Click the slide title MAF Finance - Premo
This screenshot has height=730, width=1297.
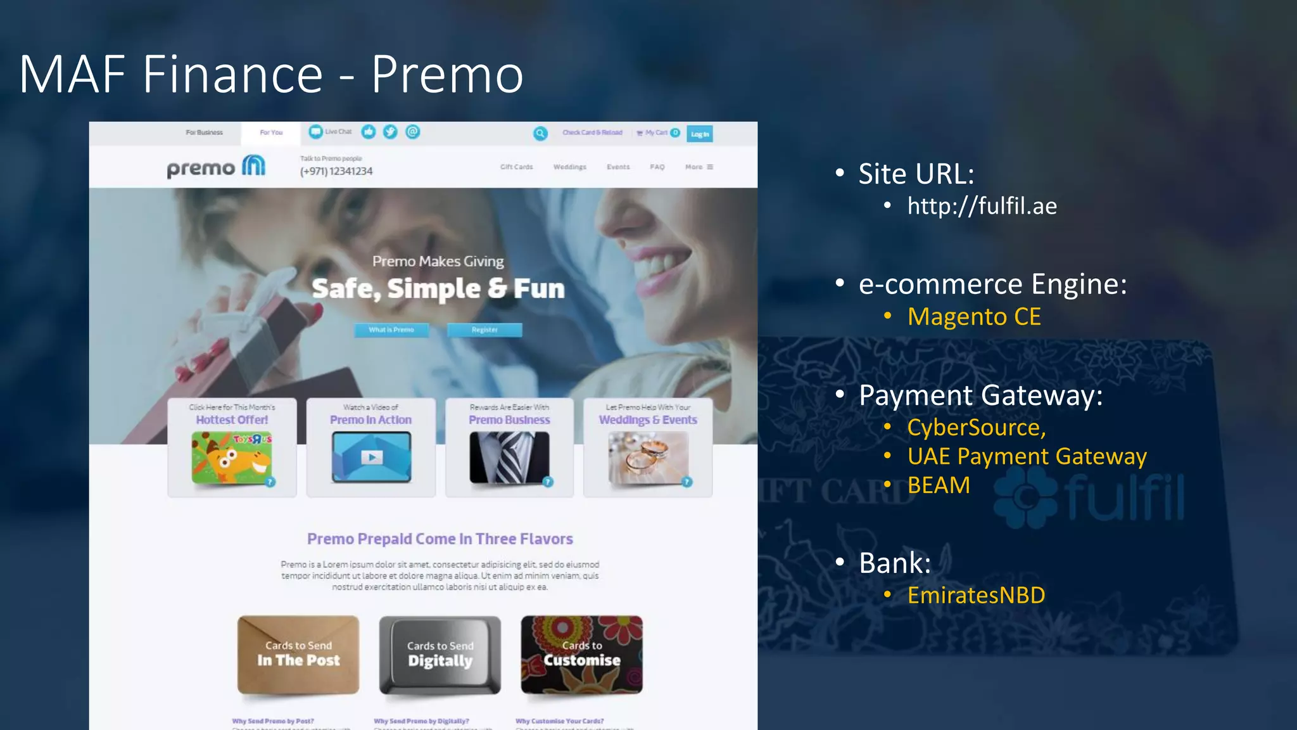pos(271,75)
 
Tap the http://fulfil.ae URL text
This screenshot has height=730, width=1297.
pos(982,206)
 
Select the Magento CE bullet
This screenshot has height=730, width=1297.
pos(973,317)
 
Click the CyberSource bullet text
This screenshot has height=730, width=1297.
pos(976,428)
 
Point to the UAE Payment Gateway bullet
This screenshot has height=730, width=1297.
pos(1027,456)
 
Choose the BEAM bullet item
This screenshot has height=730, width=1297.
pos(939,485)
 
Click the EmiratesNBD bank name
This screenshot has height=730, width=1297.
pos(976,596)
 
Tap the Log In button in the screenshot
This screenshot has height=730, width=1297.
pos(699,134)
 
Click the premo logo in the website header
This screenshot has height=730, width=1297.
pos(216,167)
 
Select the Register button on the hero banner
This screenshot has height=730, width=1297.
pos(484,330)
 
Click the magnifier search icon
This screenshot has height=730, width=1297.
pos(540,133)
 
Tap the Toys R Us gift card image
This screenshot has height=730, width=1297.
pos(232,458)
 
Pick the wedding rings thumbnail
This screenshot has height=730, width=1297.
pos(648,458)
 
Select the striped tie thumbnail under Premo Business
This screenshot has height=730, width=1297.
pos(509,458)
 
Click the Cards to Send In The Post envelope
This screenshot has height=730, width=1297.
pos(298,654)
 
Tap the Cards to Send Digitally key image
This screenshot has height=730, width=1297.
pos(440,655)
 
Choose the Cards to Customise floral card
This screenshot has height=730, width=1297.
pos(581,654)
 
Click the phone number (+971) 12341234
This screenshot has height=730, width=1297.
pos(336,171)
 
